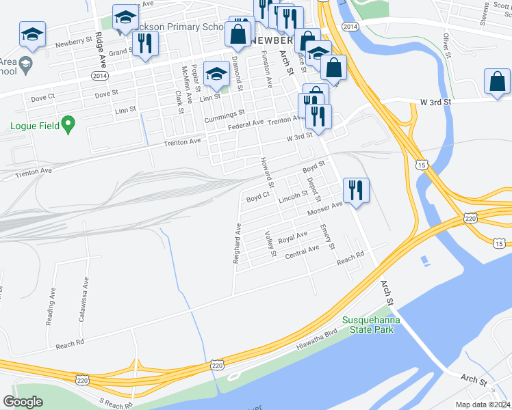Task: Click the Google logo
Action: [x=23, y=402]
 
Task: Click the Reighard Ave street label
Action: [x=237, y=243]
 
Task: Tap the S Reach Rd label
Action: [x=114, y=405]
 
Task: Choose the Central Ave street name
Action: [x=303, y=251]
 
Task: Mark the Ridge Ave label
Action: [x=99, y=47]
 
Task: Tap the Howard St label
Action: [x=266, y=173]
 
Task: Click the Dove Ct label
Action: [x=42, y=98]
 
